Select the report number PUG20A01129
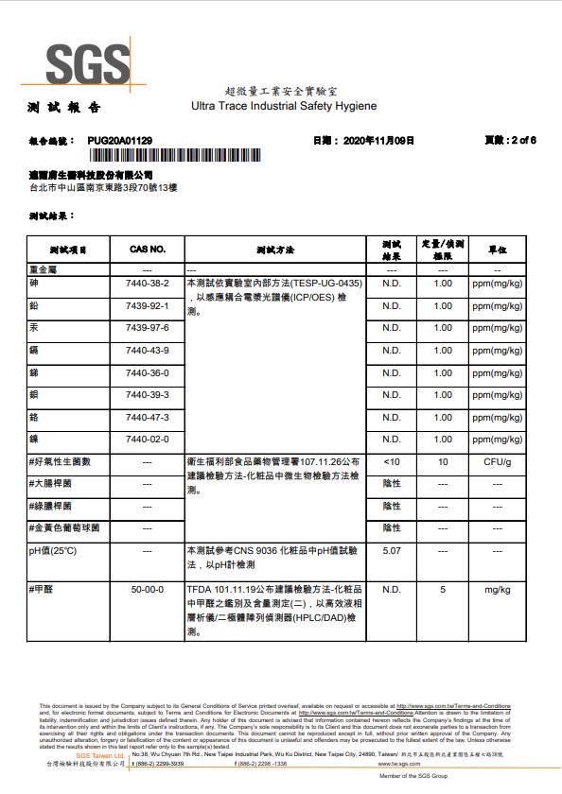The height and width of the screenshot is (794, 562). click(x=120, y=140)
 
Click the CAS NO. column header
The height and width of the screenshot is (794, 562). click(x=147, y=250)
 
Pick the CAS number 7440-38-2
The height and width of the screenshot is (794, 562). click(x=147, y=283)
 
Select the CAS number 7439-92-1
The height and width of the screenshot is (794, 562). click(x=147, y=305)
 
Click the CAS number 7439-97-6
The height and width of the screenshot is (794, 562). click(x=147, y=327)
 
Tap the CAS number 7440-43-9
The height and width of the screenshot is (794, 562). click(x=147, y=350)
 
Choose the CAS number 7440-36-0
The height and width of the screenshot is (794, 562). click(x=147, y=371)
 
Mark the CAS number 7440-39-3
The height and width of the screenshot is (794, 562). click(x=147, y=394)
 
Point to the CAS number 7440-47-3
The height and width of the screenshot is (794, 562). click(x=147, y=417)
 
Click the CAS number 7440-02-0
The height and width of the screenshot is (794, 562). click(x=147, y=439)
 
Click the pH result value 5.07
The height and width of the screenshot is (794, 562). click(x=392, y=549)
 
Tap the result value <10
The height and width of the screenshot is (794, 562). click(x=392, y=461)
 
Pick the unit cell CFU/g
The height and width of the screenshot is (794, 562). click(x=498, y=461)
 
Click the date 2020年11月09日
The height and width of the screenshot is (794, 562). click(x=377, y=140)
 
